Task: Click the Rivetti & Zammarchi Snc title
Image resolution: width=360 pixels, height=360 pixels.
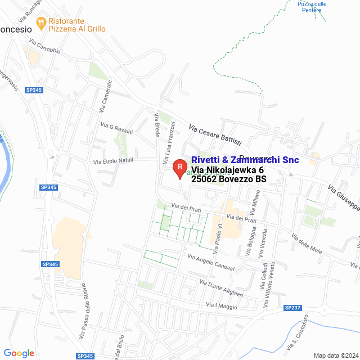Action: pos(245,160)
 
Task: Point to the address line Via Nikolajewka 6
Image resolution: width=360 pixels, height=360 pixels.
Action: pos(227,170)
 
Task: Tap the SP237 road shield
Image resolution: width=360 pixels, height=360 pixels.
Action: pos(293,308)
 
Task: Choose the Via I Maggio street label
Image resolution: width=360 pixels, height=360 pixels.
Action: pos(221,306)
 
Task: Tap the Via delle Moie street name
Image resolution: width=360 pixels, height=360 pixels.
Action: pos(307,243)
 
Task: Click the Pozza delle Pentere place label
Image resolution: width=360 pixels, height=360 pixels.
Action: pos(312,7)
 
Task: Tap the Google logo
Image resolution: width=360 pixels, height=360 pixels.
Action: pos(19,353)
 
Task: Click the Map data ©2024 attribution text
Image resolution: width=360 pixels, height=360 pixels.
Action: pos(335,355)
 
